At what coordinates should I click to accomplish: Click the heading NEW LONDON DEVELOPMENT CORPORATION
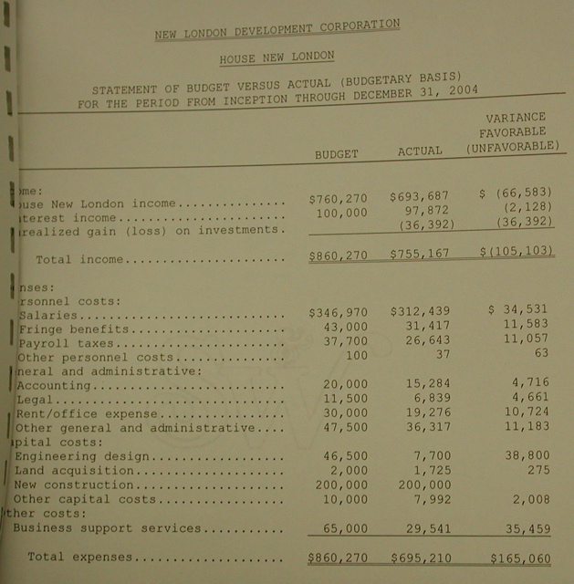tap(277, 30)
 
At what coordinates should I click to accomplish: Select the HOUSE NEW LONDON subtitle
tap(277, 57)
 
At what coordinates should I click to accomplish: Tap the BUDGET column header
tap(337, 153)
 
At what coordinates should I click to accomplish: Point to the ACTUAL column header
tap(420, 151)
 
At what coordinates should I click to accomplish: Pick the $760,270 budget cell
tap(338, 196)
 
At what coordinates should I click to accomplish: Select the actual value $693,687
tap(420, 196)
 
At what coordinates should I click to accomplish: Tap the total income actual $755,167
tap(420, 254)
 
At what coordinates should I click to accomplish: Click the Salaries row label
tap(45, 314)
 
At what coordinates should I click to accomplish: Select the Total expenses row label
tap(81, 556)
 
